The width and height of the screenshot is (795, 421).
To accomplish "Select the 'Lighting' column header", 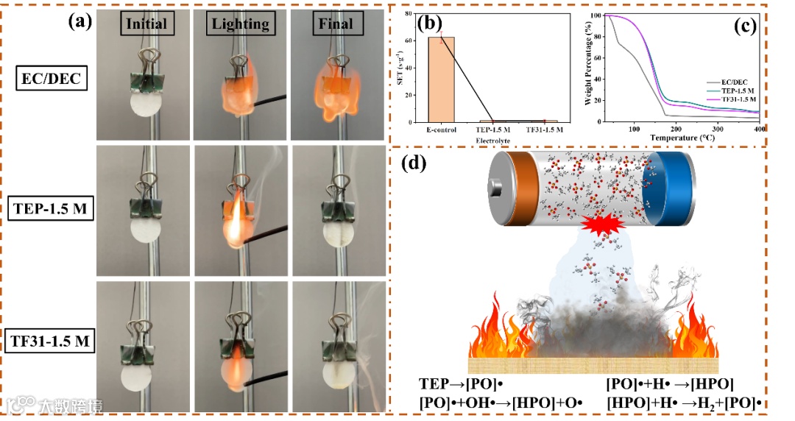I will click(x=240, y=24).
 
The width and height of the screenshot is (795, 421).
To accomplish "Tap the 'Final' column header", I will click(x=335, y=24).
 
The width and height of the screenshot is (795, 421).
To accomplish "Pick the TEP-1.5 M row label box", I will click(x=50, y=208).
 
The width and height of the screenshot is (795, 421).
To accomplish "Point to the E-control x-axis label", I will click(x=442, y=130).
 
